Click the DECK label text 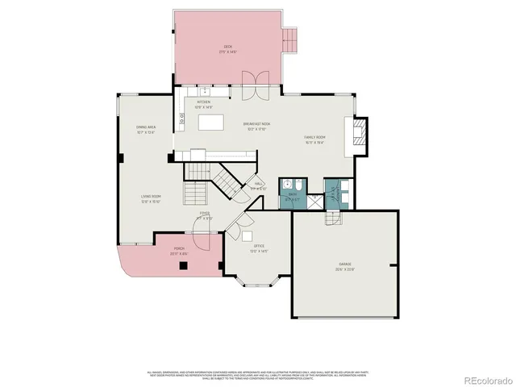pyautogui.click(x=227, y=48)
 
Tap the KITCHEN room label pyautogui.click(x=203, y=102)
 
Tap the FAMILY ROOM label pyautogui.click(x=314, y=138)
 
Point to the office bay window pyautogui.click(x=257, y=284)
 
